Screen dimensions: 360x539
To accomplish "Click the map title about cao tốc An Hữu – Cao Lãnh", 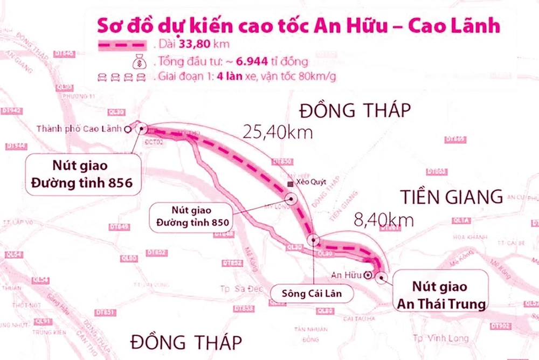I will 299,26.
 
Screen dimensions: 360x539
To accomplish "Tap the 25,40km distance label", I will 277,131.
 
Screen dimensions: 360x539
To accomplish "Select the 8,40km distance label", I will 384,219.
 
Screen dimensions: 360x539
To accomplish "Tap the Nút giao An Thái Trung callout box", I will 440,295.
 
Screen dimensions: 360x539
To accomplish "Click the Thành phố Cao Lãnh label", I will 80,129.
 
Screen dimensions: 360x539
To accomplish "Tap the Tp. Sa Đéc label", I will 242,288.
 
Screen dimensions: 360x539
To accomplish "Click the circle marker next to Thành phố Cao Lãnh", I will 128,129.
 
